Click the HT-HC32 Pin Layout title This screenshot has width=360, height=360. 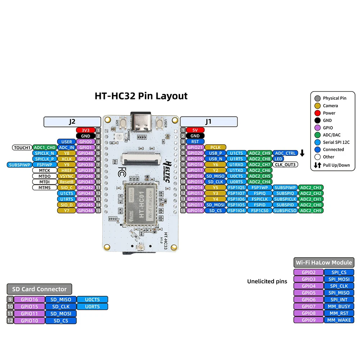click(141, 96)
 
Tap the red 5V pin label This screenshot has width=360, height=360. click(195, 130)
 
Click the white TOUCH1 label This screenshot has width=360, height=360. click(22, 147)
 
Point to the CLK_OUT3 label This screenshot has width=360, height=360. click(285, 165)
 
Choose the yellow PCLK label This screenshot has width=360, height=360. click(215, 147)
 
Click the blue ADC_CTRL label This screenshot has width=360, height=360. click(285, 153)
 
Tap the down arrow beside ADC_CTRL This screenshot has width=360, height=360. click(302, 153)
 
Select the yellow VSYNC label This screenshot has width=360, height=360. click(66, 176)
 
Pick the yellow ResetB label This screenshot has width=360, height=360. click(66, 182)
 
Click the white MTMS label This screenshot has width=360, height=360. click(44, 188)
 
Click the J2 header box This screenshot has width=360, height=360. click(72, 122)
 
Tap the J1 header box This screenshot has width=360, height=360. click(209, 122)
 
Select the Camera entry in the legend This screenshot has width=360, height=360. click(330, 105)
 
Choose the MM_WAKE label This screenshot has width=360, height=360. click(339, 320)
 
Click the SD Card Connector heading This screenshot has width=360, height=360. click(39, 289)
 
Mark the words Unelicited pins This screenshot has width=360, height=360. click(267, 281)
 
